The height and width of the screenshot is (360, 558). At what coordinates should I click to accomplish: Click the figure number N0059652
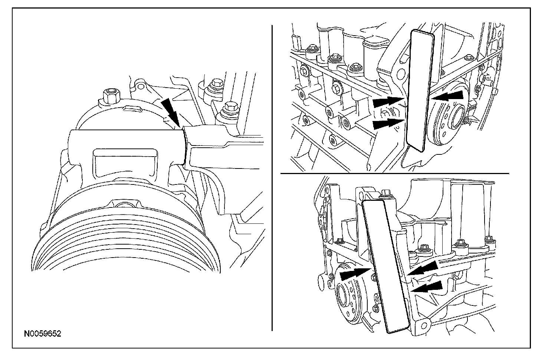tap(42, 334)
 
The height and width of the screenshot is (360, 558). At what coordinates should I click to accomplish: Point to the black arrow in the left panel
tap(171, 112)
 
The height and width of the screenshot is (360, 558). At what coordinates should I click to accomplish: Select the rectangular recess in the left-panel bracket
tap(125, 164)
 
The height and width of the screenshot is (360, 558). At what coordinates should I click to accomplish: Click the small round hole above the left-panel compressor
tap(141, 86)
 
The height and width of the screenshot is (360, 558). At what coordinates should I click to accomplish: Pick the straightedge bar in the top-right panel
tap(420, 91)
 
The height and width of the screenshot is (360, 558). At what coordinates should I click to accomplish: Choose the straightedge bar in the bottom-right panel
tap(385, 266)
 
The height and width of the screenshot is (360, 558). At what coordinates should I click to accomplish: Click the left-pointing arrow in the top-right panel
tap(448, 96)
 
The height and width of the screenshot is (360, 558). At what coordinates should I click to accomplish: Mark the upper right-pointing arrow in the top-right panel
tap(388, 102)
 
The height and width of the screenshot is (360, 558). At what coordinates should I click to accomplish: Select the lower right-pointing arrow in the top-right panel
tap(388, 124)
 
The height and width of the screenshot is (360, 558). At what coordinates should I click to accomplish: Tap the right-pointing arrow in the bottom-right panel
tap(355, 275)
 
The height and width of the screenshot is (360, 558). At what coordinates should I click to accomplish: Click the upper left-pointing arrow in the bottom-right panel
tap(423, 268)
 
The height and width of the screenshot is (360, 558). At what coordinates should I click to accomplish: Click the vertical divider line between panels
tap(272, 178)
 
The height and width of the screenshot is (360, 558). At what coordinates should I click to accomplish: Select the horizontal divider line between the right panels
tap(395, 173)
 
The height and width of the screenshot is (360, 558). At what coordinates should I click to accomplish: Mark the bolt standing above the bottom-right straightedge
tap(385, 194)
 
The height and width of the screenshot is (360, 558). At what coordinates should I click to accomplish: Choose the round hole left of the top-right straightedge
tap(400, 73)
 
